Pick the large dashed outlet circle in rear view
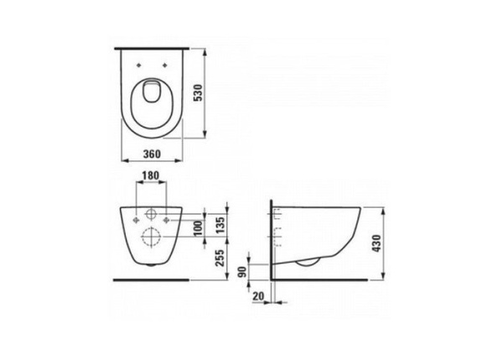(152, 237)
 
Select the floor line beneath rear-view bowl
(152, 279)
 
